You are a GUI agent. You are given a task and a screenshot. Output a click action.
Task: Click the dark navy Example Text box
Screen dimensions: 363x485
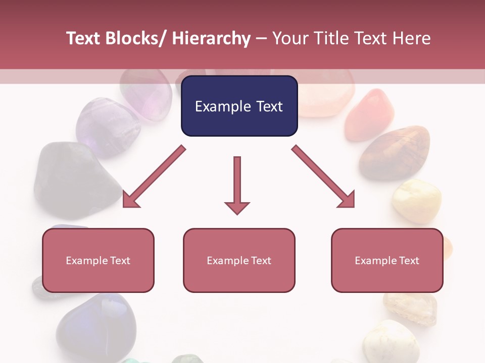pos(239,106)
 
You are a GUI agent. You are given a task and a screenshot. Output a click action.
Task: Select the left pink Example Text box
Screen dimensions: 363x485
pos(98,261)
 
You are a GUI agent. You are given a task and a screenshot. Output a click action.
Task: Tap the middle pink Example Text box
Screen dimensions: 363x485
pos(239,261)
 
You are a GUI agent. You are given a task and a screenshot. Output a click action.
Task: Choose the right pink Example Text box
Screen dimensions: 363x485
pos(387,261)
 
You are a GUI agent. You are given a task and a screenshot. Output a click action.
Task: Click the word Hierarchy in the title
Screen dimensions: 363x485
pos(211,38)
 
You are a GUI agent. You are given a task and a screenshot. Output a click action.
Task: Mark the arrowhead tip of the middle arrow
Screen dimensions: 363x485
pos(237,214)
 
